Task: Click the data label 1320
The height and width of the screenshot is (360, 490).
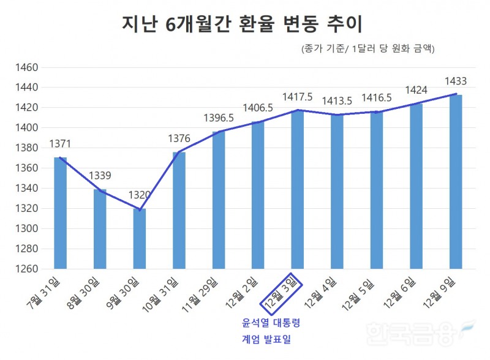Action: point(140,195)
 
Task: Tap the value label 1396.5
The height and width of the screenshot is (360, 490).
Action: point(219,118)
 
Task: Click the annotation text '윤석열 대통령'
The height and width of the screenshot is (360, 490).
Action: point(270,322)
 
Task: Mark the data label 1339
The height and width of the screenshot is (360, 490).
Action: point(100,176)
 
